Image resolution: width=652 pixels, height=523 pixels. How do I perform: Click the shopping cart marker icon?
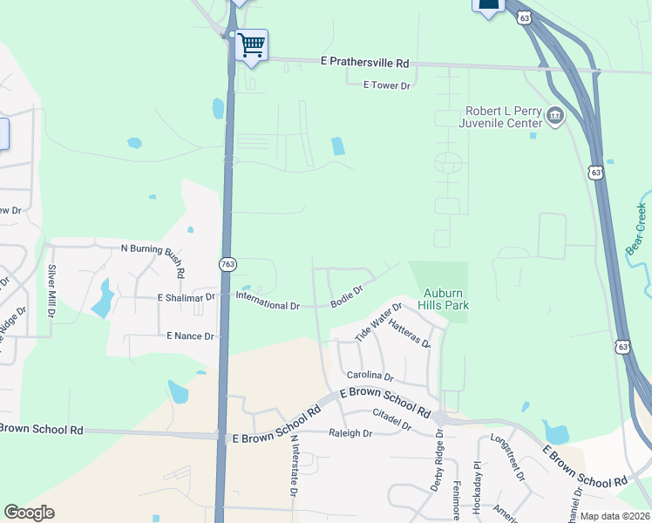tap(252, 44)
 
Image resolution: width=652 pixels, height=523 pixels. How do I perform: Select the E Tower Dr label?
tap(386, 85)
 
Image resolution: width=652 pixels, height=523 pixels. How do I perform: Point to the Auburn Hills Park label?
tap(446, 299)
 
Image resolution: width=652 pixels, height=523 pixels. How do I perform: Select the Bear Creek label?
tap(637, 228)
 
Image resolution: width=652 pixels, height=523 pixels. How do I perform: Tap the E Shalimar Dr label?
tap(187, 297)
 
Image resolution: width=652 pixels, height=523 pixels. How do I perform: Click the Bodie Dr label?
tap(346, 296)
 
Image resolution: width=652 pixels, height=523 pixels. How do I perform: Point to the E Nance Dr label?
tap(190, 336)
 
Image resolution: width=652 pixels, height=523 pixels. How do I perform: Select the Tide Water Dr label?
tap(378, 323)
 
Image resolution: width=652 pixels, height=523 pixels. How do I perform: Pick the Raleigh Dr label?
tap(350, 433)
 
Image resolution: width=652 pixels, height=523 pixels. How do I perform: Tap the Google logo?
tap(30, 513)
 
